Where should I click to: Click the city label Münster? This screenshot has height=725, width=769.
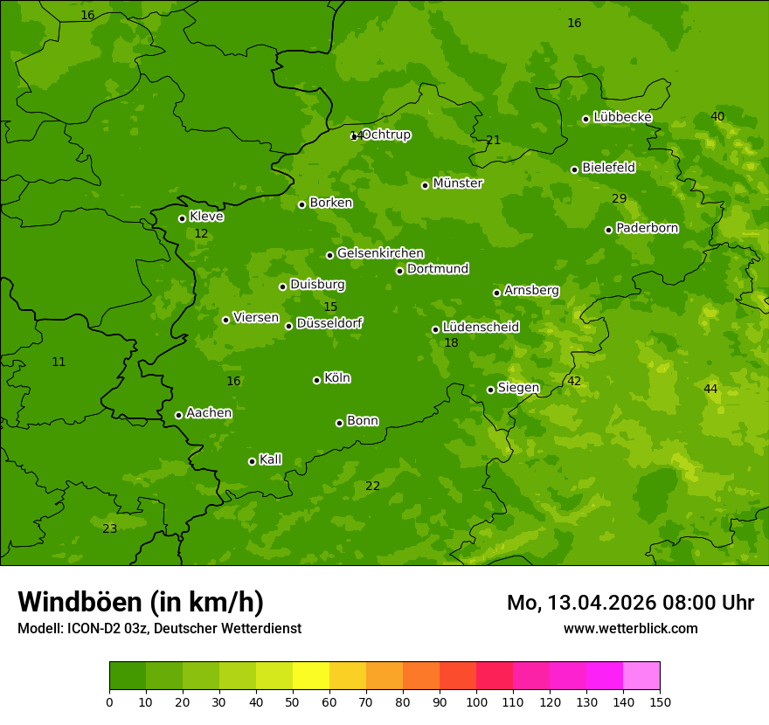[457, 183]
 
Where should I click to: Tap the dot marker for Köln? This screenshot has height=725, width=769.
[316, 380]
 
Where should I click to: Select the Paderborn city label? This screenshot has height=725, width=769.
[647, 228]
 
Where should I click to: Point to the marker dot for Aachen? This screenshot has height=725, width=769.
[178, 415]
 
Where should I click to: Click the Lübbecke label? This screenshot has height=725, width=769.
[622, 117]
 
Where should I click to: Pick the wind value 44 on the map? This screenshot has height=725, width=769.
[710, 389]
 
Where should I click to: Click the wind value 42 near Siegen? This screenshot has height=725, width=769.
[574, 381]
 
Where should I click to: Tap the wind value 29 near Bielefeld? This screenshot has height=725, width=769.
[619, 199]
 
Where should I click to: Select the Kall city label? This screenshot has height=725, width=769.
[270, 459]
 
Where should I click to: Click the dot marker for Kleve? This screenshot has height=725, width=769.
[182, 218]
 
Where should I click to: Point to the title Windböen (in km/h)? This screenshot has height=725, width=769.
[141, 602]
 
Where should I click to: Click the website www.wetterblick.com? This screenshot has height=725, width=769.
[630, 628]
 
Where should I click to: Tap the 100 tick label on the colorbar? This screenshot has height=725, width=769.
[476, 701]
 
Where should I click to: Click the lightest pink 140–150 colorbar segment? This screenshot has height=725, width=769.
[641, 676]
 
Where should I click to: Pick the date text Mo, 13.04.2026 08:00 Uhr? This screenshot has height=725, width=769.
[630, 603]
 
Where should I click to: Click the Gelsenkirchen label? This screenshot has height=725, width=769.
[380, 253]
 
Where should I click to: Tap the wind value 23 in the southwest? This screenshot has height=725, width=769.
[109, 528]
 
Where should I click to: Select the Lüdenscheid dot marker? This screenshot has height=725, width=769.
[435, 329]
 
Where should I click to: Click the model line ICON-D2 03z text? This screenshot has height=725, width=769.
[159, 628]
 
